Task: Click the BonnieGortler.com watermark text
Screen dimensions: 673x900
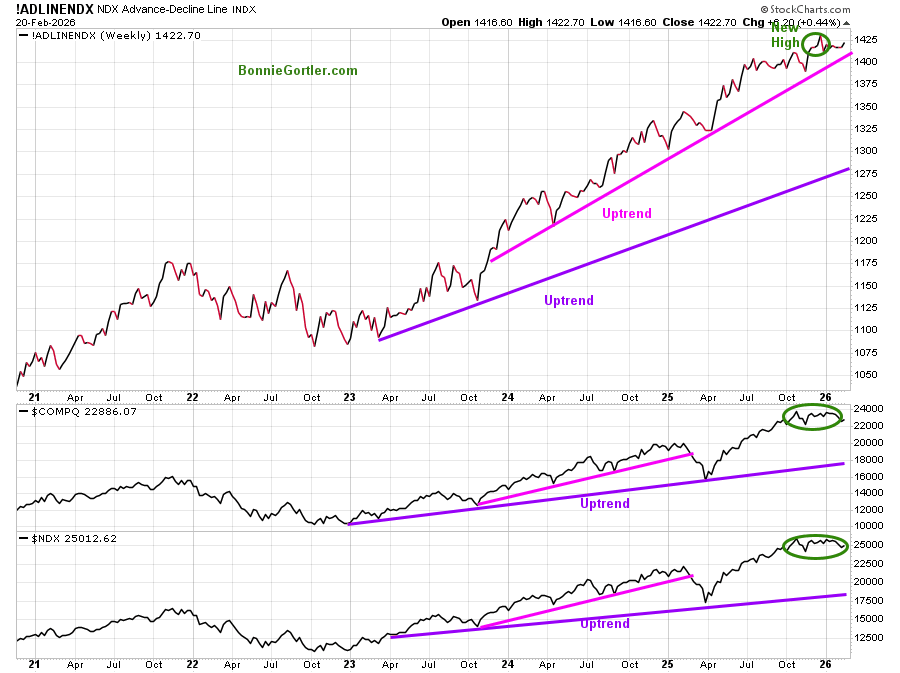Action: (297, 71)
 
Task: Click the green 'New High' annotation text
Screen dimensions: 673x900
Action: (785, 35)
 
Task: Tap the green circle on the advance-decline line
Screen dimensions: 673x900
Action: (817, 44)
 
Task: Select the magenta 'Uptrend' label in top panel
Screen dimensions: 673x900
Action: (627, 213)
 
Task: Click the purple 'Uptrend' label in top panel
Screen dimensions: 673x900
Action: (569, 300)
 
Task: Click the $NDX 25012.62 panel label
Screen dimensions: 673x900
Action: (70, 538)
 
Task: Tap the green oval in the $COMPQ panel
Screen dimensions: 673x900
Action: (814, 416)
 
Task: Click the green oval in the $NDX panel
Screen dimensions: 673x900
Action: (816, 546)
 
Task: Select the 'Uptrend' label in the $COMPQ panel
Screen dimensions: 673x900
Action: (605, 504)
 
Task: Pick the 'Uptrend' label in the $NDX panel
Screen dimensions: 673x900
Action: (605, 624)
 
